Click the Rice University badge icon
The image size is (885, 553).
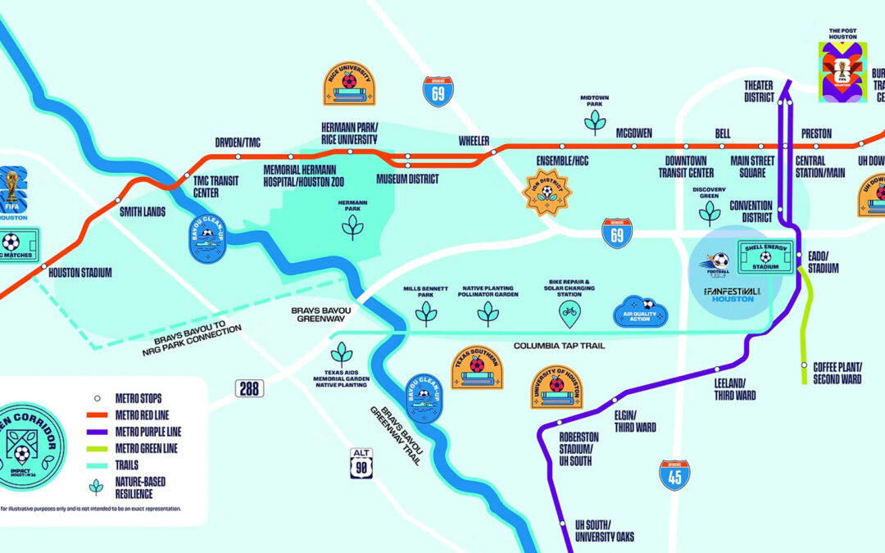(x=349, y=84)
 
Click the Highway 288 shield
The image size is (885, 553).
(x=249, y=388)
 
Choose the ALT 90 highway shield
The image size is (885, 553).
(x=361, y=463)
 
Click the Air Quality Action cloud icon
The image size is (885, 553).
(x=641, y=312)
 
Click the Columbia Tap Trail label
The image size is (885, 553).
(x=559, y=347)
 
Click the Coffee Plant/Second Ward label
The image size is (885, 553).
(x=837, y=373)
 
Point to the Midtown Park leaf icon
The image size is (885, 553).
(x=594, y=121)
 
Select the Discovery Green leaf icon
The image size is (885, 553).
(x=709, y=212)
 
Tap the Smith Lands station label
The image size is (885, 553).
(x=143, y=211)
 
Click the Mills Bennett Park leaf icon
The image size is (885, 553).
(x=426, y=313)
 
